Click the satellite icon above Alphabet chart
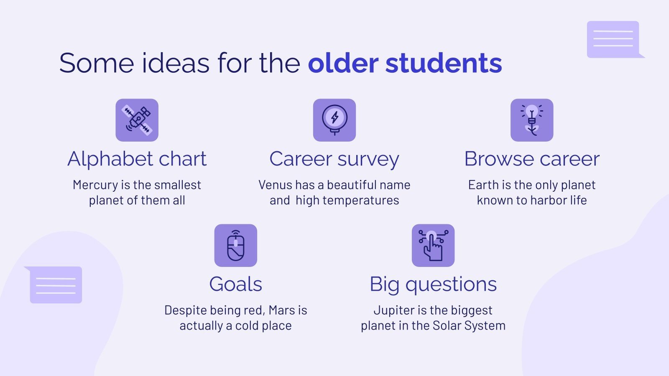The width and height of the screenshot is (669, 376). point(137,120)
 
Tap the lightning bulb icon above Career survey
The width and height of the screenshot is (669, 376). point(334,120)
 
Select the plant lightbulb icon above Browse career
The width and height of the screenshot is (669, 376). point(532,120)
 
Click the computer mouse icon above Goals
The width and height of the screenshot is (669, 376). point(235,245)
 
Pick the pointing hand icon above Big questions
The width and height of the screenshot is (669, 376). point(433,245)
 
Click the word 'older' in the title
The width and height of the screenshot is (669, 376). point(343,63)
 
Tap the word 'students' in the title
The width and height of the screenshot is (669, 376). point(444,63)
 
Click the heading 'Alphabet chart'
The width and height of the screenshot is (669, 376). point(137,159)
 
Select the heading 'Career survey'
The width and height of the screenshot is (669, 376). point(334,159)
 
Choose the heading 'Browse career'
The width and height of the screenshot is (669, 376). point(532,159)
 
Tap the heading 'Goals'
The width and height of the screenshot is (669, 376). point(235,284)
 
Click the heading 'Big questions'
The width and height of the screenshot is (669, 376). point(433,284)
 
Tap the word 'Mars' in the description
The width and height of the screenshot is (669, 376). point(282,310)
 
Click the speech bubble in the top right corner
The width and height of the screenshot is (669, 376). point(613,39)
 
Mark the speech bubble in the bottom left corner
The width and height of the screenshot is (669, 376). point(55,285)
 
